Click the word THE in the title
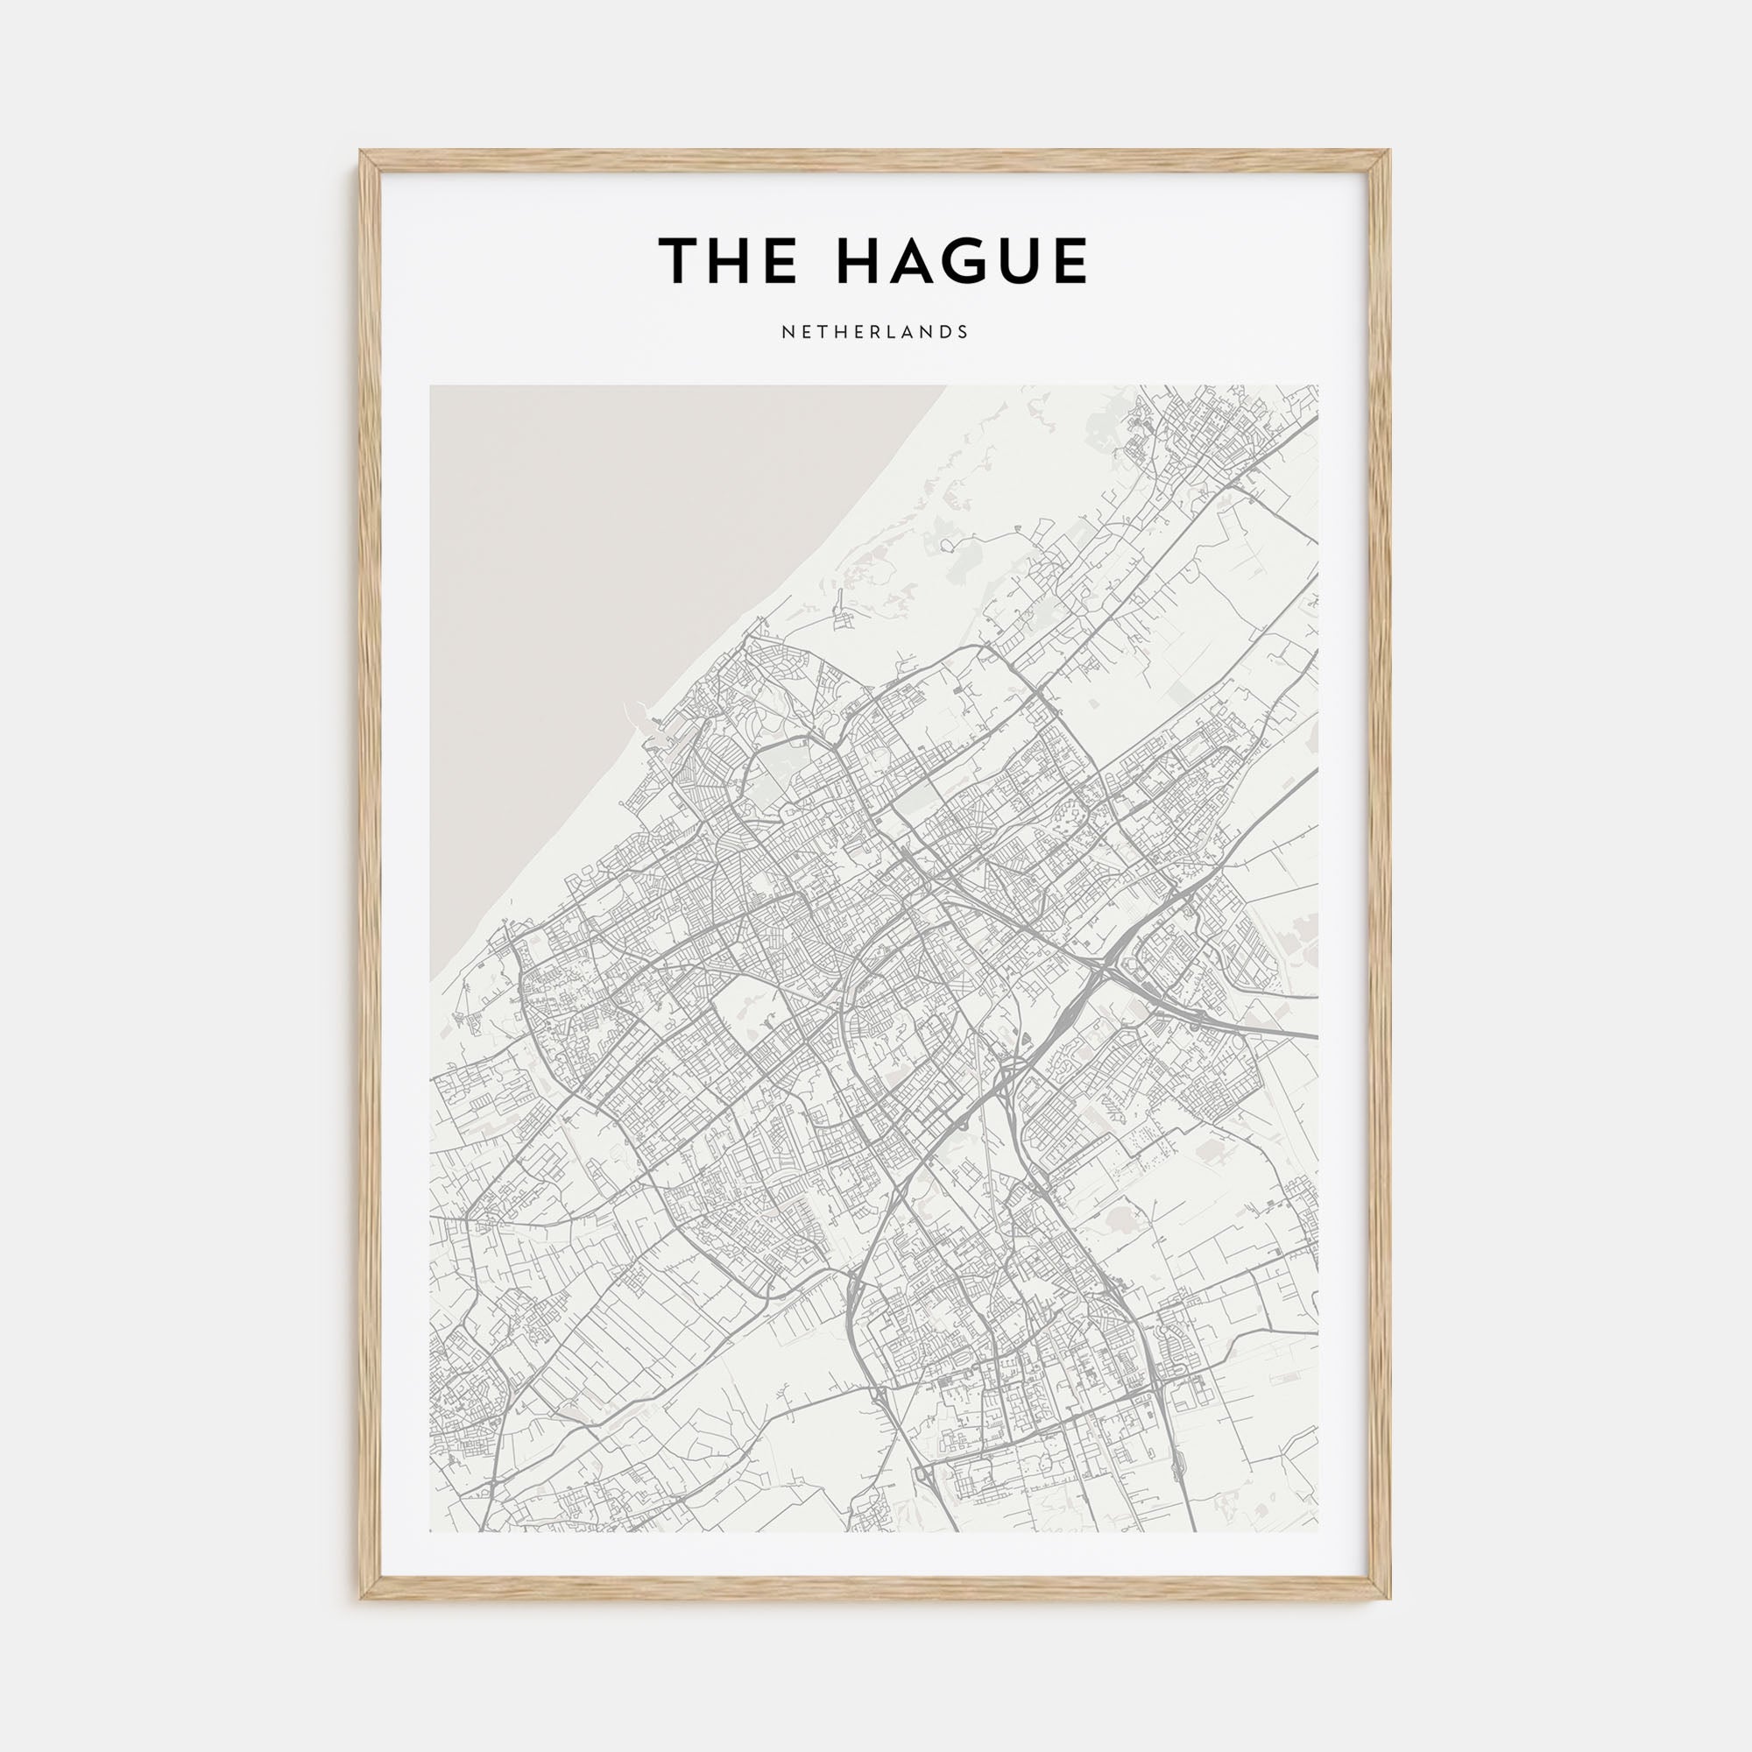(x=727, y=260)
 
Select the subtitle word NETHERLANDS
(x=875, y=332)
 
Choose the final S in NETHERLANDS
(x=964, y=332)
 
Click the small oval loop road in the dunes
(x=949, y=545)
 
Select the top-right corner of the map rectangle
(x=1318, y=386)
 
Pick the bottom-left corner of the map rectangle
(x=431, y=1531)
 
